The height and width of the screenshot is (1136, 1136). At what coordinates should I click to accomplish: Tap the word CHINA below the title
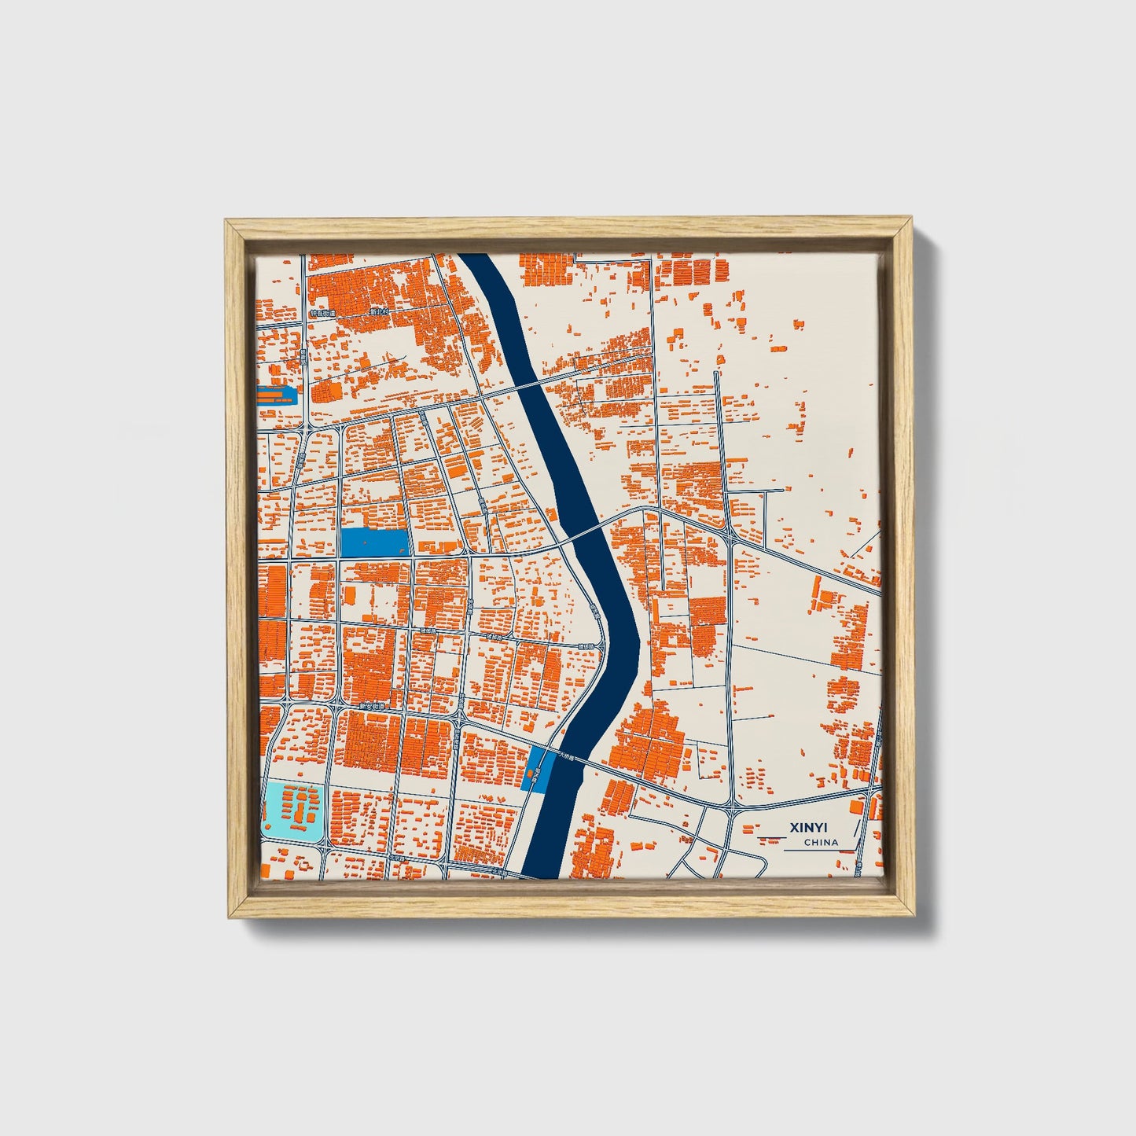[x=821, y=842]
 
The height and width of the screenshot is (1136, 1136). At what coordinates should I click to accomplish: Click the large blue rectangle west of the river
[x=374, y=542]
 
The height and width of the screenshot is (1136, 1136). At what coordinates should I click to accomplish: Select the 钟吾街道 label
[x=322, y=312]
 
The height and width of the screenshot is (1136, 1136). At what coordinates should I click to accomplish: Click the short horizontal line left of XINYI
[x=770, y=828]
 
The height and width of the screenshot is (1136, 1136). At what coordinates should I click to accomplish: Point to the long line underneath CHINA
[x=818, y=851]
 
